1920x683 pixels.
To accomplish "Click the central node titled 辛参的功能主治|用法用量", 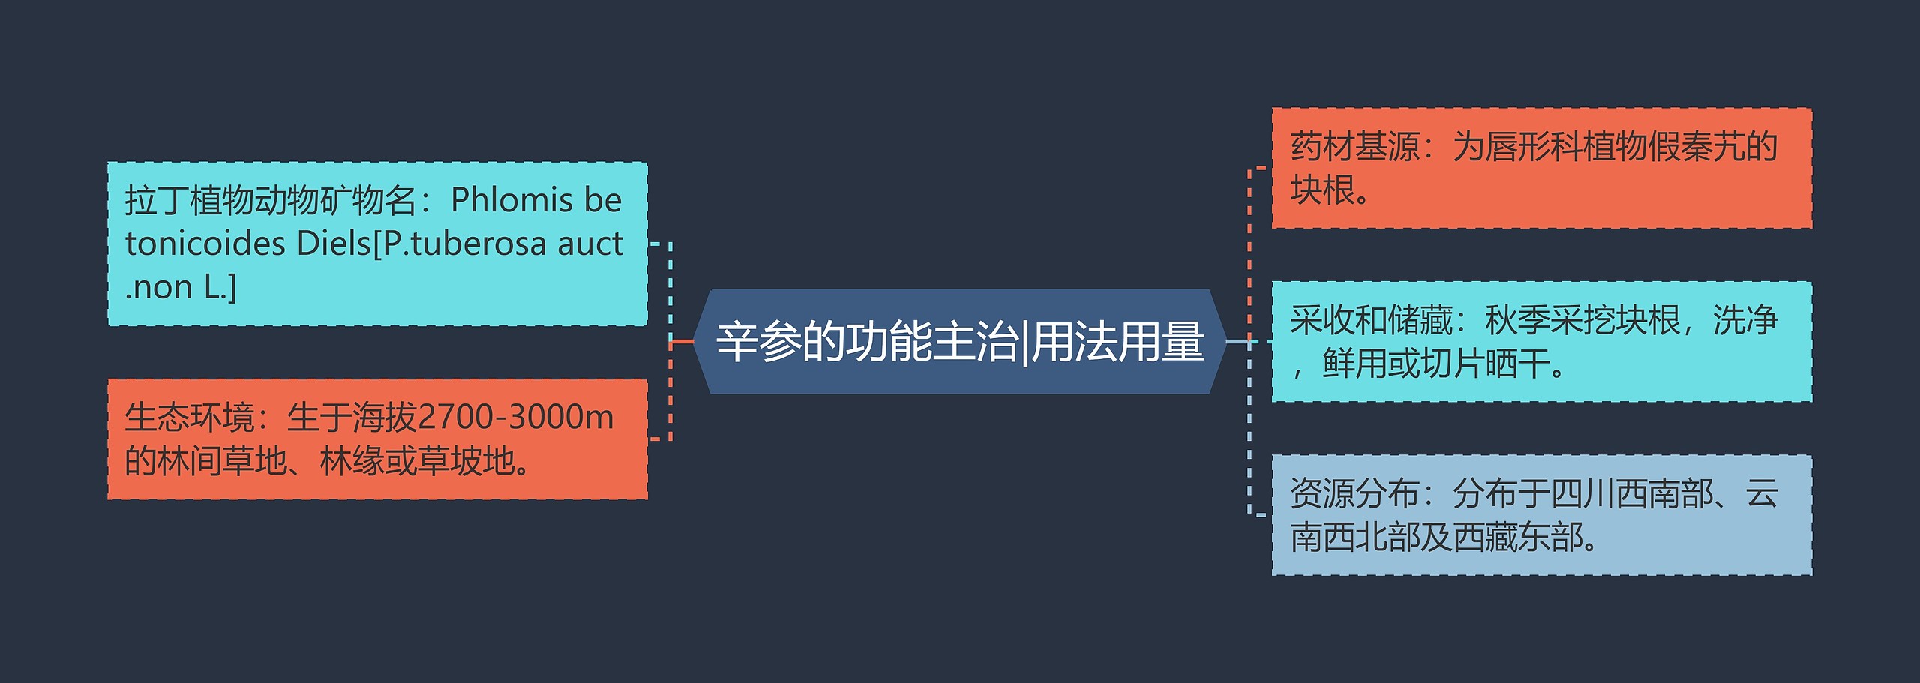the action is (960, 342).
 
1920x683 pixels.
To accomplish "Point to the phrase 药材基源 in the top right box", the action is (1354, 147).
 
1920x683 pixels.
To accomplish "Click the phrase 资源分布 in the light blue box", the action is (1354, 494).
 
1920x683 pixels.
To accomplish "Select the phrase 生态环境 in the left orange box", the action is (189, 417).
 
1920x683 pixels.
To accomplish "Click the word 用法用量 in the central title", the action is (1118, 342).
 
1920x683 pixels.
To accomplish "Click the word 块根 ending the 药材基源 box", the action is (1323, 190).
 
